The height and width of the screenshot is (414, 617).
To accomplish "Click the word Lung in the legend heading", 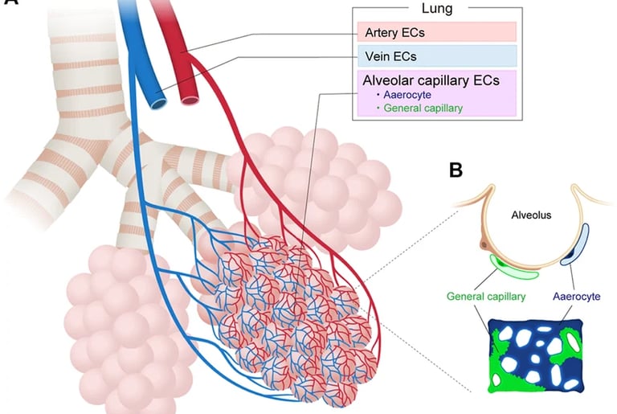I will coord(438,9).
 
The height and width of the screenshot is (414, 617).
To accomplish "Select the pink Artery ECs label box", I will coord(437,33).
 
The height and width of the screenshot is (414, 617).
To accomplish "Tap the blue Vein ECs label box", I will coord(437,57).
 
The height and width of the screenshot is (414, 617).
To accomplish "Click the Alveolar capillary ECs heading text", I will coord(431,80).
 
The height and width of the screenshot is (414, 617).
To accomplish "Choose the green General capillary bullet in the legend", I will coord(421,108).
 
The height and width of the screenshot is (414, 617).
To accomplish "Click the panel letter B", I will coord(456,170).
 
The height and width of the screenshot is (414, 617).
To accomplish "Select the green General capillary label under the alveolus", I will coord(485,297).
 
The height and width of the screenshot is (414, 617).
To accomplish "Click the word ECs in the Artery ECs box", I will coord(411,33).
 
